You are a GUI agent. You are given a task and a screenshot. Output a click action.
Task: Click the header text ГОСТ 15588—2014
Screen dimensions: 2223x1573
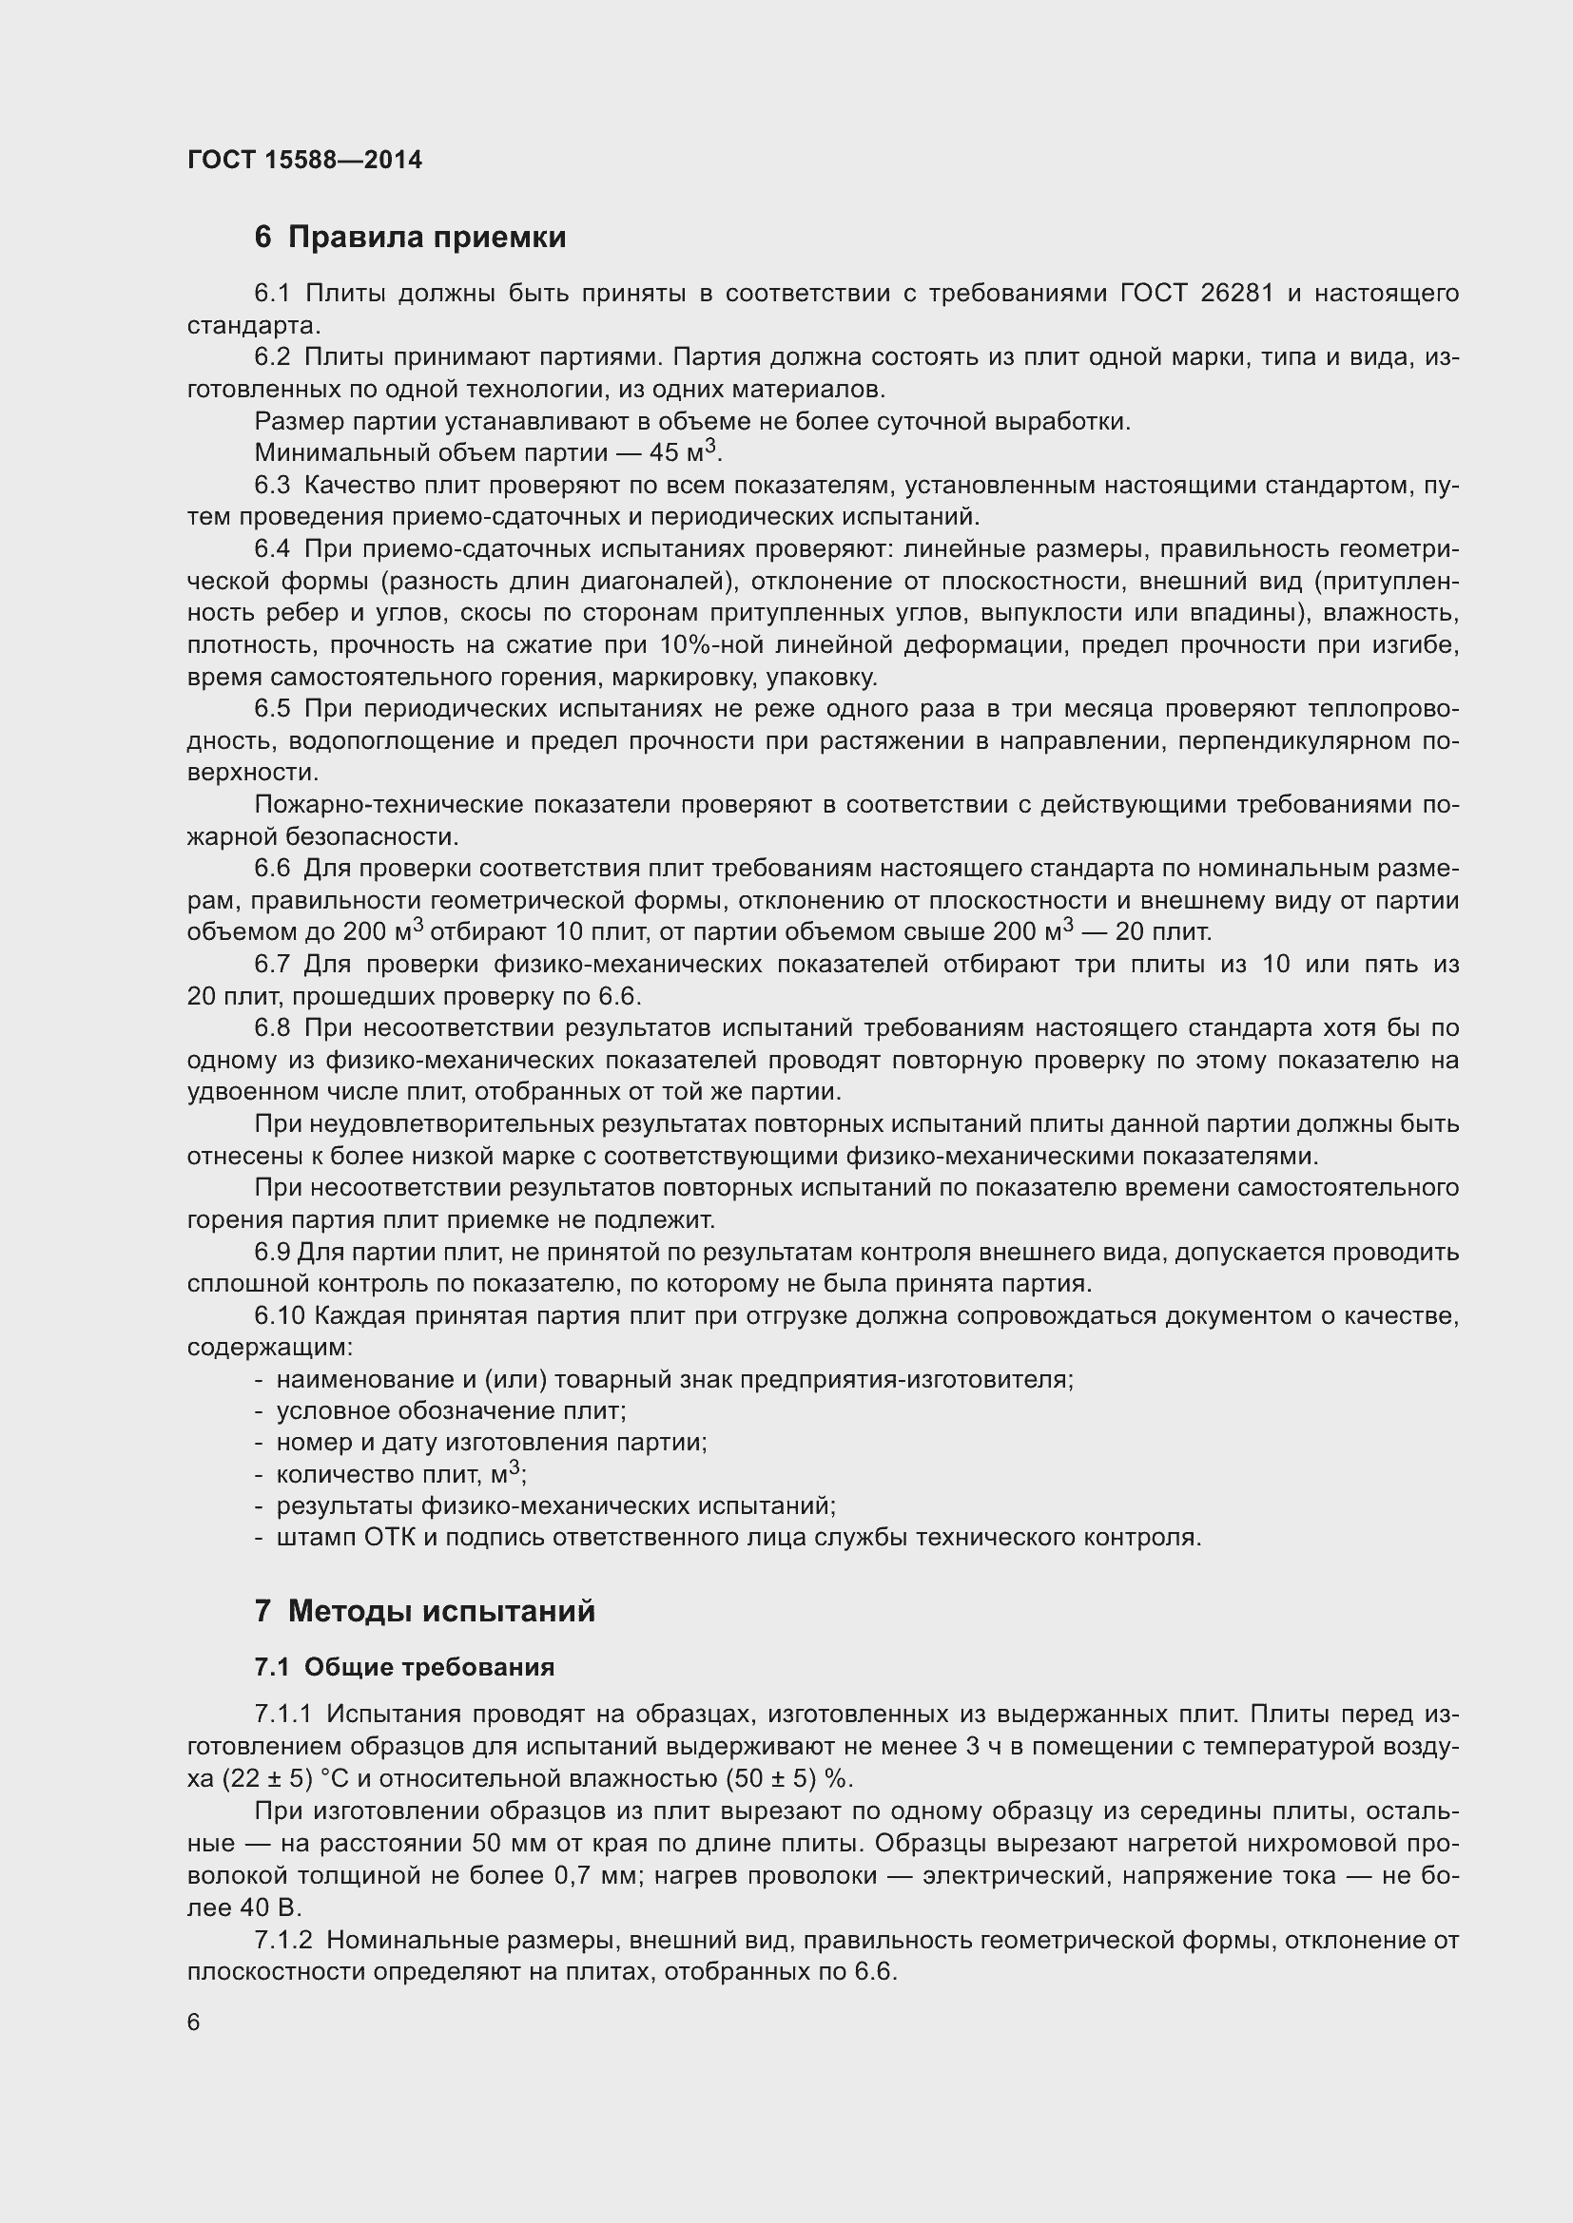point(304,160)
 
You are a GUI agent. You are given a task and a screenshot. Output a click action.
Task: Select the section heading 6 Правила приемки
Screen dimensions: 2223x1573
point(410,238)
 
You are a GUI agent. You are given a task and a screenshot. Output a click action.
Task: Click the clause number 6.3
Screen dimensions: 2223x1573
point(272,484)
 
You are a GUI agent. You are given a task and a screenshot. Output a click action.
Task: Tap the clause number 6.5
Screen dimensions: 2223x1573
point(272,709)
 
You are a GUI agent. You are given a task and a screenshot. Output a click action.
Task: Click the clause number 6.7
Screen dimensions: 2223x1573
point(272,965)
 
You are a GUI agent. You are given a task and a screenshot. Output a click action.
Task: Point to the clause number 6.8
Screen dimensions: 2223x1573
point(272,1028)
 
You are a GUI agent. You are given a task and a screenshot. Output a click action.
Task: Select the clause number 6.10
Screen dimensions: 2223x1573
point(280,1315)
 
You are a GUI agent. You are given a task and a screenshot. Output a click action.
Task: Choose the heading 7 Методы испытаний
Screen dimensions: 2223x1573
point(424,1611)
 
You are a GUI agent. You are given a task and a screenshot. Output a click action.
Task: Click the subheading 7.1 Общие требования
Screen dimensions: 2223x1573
point(404,1666)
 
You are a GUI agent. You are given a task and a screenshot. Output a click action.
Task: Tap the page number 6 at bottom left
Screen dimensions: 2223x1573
point(194,2022)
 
